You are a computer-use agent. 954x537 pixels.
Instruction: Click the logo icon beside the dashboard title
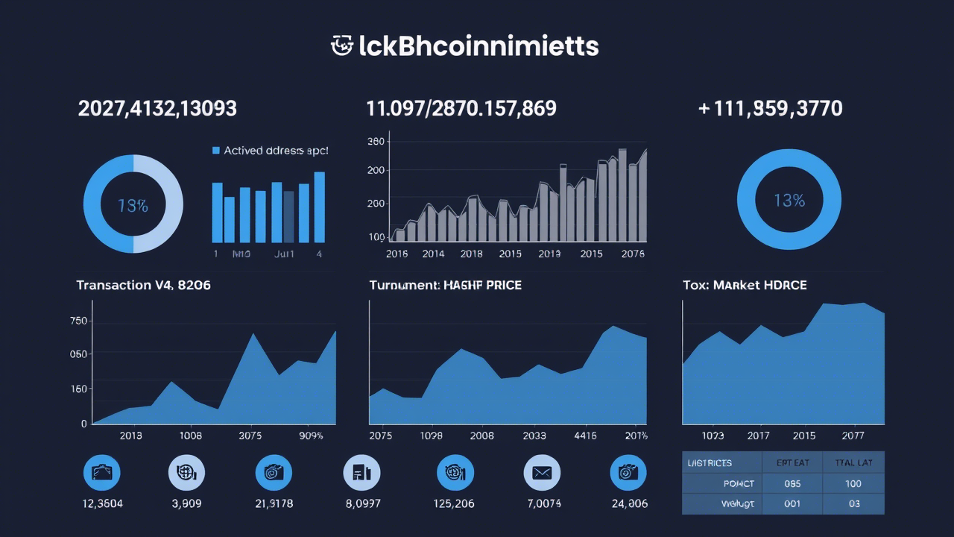pos(341,45)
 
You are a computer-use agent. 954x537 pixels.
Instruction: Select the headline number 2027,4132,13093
pos(157,109)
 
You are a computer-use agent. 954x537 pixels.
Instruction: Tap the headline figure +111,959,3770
pos(770,109)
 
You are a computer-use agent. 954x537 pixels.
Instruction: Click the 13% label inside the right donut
pos(789,201)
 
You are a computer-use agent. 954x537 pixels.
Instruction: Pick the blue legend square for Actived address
pos(216,151)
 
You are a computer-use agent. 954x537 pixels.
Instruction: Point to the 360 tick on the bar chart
pos(376,142)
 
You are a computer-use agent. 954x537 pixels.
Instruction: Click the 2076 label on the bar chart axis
pos(632,254)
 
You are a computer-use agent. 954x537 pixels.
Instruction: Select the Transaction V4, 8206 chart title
pos(143,285)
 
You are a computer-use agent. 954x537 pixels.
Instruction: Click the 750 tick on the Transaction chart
pos(78,321)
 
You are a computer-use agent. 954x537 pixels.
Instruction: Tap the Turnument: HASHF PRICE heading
pos(445,285)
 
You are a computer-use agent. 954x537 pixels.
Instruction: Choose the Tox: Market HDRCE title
pos(744,285)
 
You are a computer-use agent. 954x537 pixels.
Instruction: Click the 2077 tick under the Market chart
pos(853,436)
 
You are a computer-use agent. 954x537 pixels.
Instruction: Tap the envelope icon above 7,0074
pos(542,473)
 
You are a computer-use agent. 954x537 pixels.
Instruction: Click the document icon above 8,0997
pos(361,473)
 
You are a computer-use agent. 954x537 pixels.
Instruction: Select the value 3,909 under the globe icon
pos(186,503)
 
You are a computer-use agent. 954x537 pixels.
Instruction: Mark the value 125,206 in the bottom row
pos(454,503)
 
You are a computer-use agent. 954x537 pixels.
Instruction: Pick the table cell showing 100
pos(853,483)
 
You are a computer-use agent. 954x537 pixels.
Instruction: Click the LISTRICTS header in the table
pos(709,463)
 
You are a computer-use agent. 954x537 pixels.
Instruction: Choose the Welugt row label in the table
pos(738,503)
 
